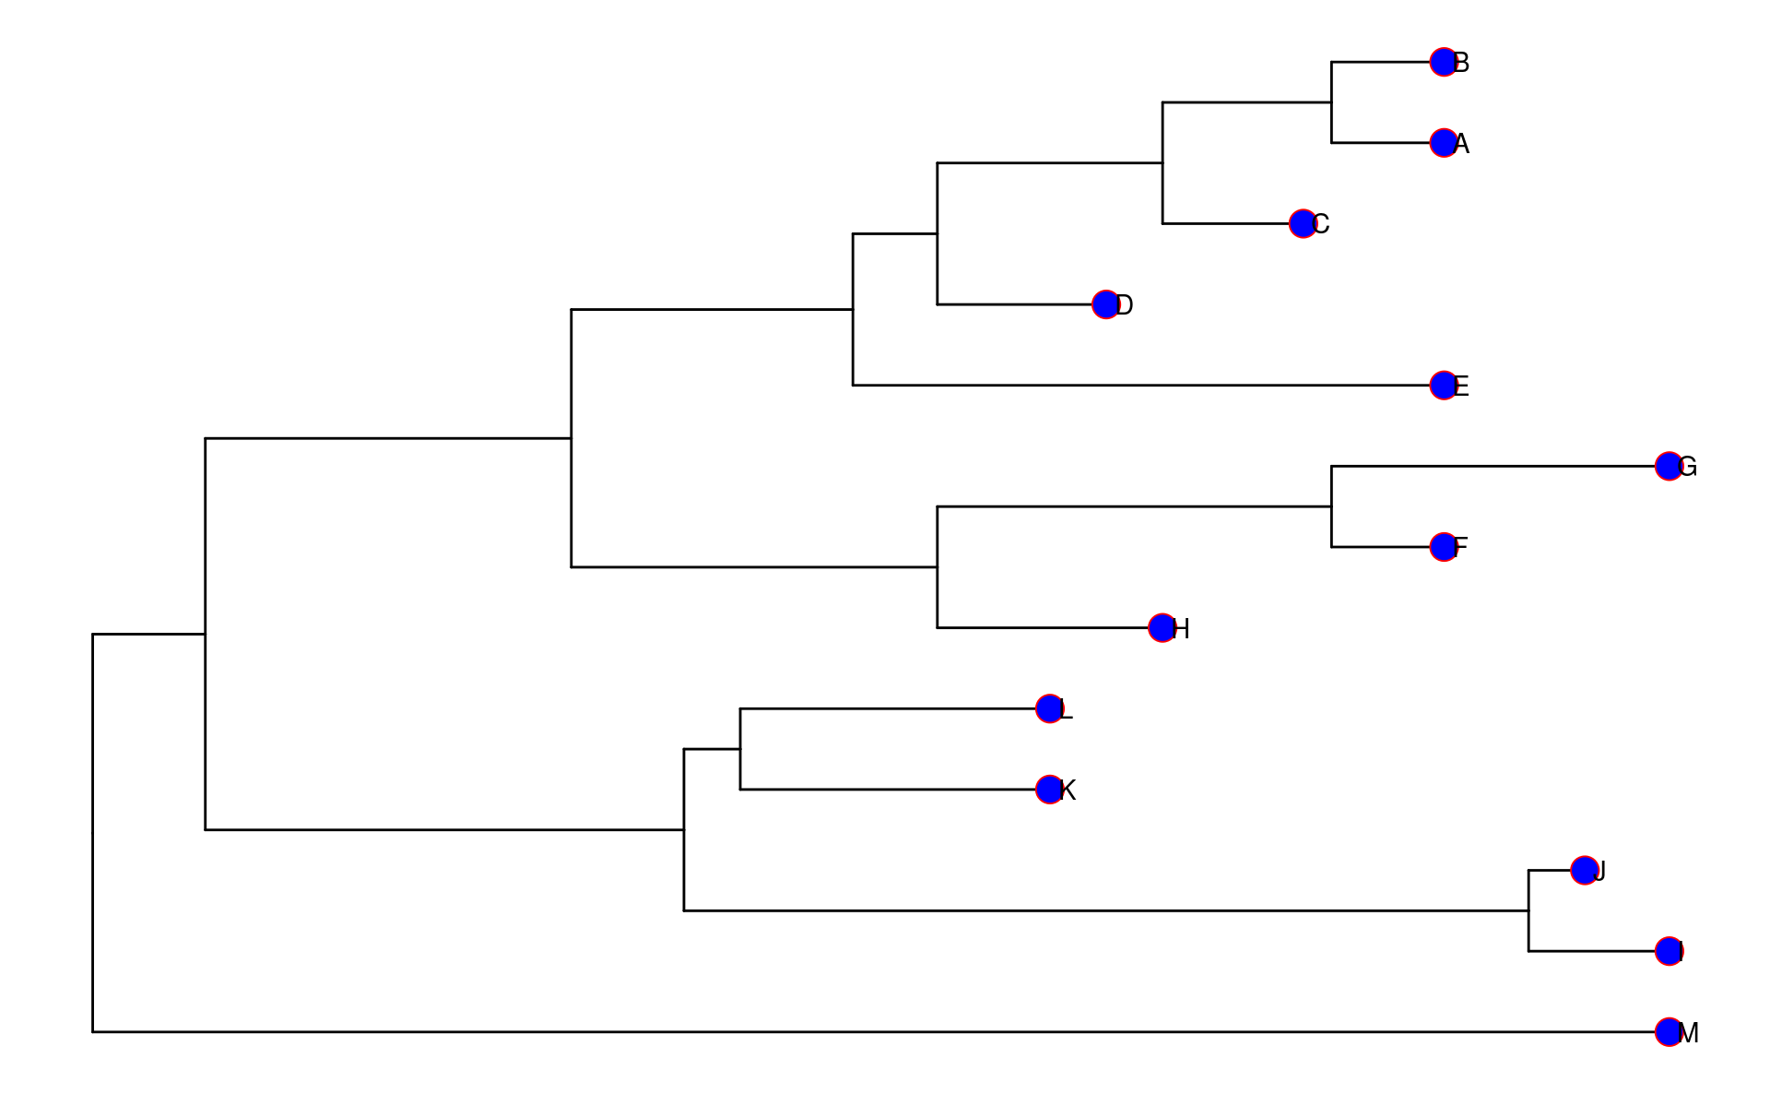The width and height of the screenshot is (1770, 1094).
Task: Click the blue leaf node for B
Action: (x=1444, y=62)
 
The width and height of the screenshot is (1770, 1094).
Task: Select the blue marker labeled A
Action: (x=1444, y=143)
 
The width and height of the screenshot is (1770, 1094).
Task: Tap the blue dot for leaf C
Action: (x=1303, y=223)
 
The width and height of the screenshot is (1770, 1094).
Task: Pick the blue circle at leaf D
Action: (x=1105, y=304)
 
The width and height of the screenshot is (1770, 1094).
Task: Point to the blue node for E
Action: (x=1444, y=385)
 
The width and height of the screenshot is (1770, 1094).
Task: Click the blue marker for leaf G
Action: (x=1669, y=466)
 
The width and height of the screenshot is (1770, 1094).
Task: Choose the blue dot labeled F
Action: (x=1444, y=547)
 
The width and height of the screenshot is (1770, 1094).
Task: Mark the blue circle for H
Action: (x=1162, y=628)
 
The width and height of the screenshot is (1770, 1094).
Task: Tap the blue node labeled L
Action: (x=1049, y=708)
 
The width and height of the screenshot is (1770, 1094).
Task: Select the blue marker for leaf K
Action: (x=1049, y=790)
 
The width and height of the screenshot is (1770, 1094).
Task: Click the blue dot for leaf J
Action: (x=1585, y=870)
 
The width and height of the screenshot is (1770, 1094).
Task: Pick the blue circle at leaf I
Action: (x=1669, y=951)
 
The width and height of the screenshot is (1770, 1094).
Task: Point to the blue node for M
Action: (x=1669, y=1032)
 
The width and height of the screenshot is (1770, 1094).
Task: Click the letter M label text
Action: (x=1690, y=1034)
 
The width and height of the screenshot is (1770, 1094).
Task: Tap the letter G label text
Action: (x=1688, y=468)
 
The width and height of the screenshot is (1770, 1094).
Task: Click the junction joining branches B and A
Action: (x=1331, y=102)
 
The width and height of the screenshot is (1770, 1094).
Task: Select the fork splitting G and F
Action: (x=1331, y=506)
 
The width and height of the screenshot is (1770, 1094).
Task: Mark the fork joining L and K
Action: (x=740, y=749)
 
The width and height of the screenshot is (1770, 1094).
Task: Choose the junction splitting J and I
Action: (x=1528, y=910)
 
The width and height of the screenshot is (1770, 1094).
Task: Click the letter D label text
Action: (x=1125, y=305)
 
